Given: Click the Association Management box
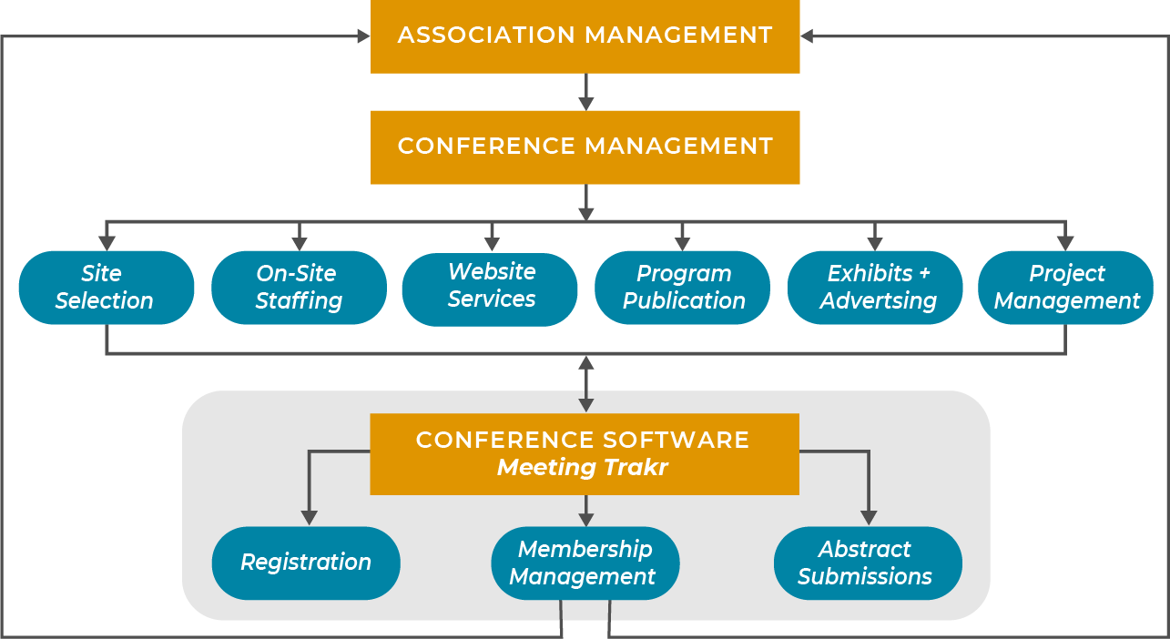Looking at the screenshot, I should tap(585, 36).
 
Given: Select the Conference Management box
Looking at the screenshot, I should tap(585, 147).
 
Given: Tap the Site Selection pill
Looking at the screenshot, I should tap(106, 288).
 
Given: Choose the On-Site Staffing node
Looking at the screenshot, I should tap(299, 288).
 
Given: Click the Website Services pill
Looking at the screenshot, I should tap(490, 288).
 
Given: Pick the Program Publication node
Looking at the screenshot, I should tap(683, 288).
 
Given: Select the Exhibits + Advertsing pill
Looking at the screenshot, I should tap(875, 288).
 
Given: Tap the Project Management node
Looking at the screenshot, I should tap(1066, 288).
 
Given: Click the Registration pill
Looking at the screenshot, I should tap(306, 563).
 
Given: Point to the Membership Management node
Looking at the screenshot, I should tap(585, 563).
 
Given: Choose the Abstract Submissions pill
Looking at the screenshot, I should tap(867, 563).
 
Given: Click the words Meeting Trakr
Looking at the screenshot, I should tap(583, 468).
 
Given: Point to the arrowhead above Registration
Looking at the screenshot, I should tap(310, 517).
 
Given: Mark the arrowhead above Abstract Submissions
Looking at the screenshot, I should tap(868, 517).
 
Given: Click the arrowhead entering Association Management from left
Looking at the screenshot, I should tap(363, 36).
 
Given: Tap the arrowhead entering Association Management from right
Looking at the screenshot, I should tap(808, 36).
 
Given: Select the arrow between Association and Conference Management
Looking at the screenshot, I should tap(585, 93).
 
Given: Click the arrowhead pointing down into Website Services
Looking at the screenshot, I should tap(492, 244).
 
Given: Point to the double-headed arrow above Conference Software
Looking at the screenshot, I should tap(585, 384).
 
